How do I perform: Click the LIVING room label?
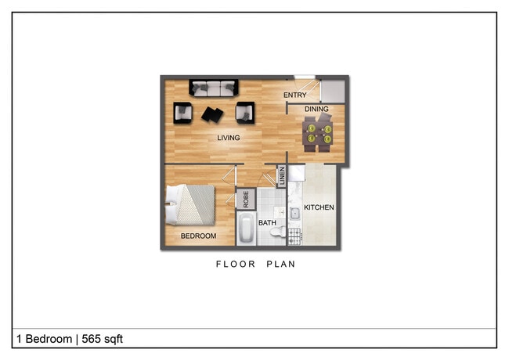coord(228,138)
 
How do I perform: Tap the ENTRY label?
coord(294,95)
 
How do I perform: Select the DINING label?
coord(316,109)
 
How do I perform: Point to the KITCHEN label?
coord(319,207)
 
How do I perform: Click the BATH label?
coord(268,223)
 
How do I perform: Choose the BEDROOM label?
coord(198,235)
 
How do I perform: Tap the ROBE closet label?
coord(246,199)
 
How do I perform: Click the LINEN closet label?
coord(280,177)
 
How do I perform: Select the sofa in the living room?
coord(214,87)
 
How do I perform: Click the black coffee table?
coord(212,114)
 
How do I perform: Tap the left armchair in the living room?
coord(183,113)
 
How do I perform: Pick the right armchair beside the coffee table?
coord(246,113)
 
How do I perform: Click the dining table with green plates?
coord(318,131)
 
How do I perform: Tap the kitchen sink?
coord(296,212)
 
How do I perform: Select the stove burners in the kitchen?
coord(295,233)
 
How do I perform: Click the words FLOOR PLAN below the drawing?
coord(255,265)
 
